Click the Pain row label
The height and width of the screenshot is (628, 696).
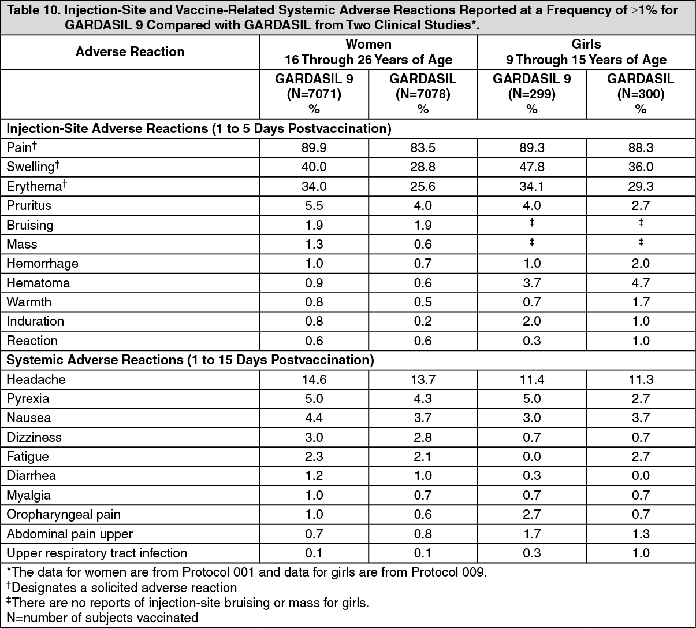coord(19,148)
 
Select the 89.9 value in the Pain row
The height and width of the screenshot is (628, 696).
coord(314,148)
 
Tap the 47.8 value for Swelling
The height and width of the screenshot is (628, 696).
coord(531,167)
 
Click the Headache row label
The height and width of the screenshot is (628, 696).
coord(36,379)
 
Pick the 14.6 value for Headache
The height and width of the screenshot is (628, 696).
coord(314,379)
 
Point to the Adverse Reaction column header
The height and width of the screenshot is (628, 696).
coord(130,52)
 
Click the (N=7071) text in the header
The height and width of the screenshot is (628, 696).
coord(314,94)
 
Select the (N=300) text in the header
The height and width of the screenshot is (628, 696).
coord(641,94)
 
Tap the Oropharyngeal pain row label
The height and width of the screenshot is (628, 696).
coord(64,515)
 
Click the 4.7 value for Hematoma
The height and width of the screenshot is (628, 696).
coord(641,283)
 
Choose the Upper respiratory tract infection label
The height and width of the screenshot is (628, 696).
coord(97,553)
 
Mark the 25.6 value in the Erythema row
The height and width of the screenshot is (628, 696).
coord(423,186)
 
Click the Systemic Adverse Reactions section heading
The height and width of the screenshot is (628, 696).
coord(190,360)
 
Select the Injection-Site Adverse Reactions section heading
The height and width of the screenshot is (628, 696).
coord(199,128)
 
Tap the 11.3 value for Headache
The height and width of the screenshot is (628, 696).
coord(641,379)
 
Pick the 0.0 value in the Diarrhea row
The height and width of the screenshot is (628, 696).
coord(641,476)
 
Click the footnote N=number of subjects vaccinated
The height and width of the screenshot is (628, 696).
coord(102,618)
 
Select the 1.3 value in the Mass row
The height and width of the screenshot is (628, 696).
coord(314,244)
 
